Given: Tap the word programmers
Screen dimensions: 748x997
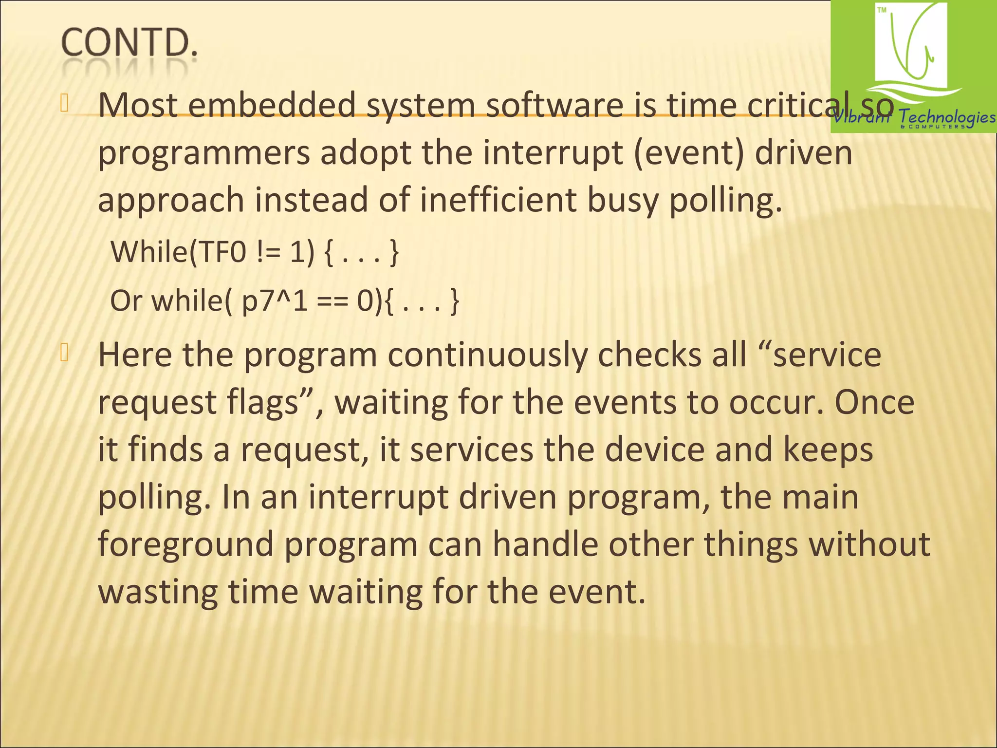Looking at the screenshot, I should tap(203, 153).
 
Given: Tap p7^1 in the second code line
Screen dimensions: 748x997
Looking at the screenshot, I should tap(275, 301).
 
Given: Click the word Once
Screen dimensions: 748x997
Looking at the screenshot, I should tap(874, 402).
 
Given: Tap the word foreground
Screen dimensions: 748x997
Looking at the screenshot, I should tap(185, 544).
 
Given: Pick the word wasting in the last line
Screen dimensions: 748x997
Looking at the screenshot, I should tap(158, 592).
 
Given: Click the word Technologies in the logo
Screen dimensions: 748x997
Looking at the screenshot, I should tap(946, 117).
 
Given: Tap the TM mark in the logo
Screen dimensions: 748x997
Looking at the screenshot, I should tap(882, 10).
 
